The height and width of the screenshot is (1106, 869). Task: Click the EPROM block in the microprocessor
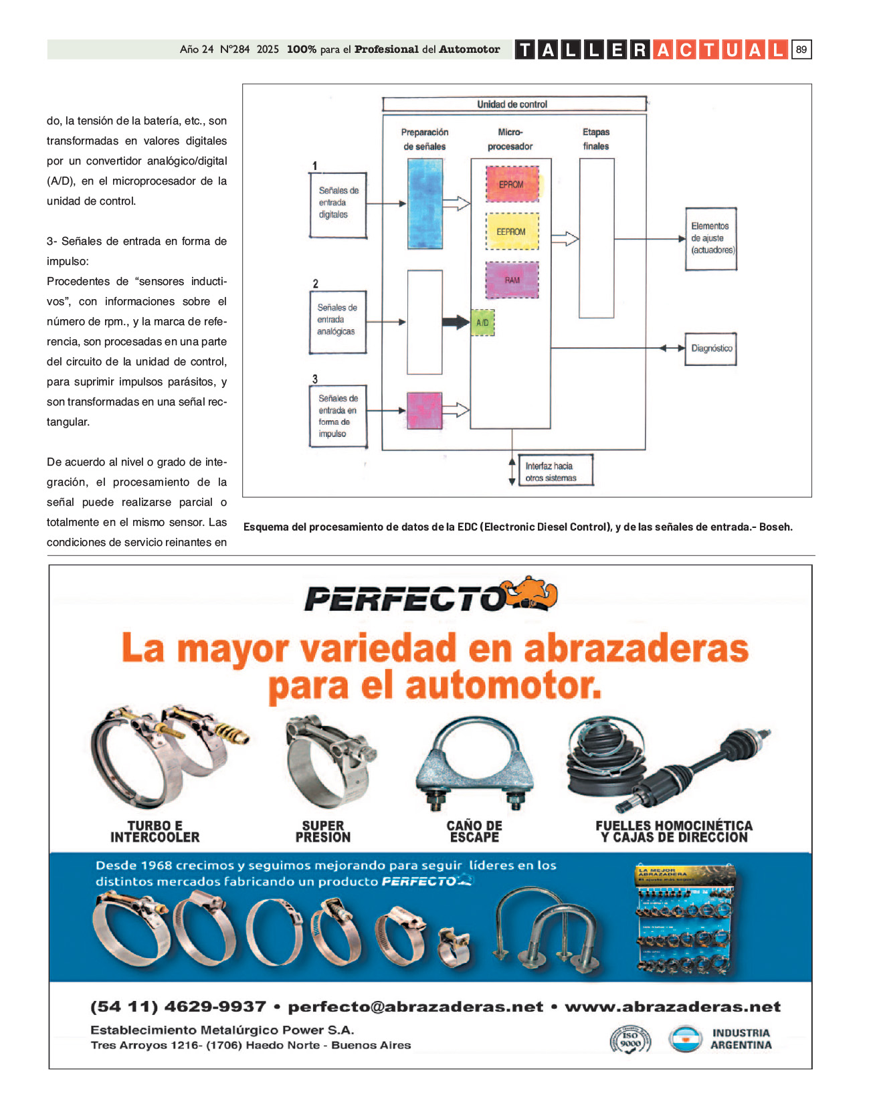pos(512,184)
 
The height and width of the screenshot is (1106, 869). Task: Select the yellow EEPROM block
pos(512,232)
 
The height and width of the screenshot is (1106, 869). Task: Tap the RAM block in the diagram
pos(512,280)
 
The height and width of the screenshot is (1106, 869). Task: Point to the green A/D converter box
pos(482,322)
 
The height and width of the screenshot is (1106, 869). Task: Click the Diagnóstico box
pos(710,349)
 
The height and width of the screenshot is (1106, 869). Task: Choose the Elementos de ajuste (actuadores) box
pos(710,239)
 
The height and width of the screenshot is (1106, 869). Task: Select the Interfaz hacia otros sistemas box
pos(555,472)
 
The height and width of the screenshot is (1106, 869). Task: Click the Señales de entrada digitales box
pos(338,204)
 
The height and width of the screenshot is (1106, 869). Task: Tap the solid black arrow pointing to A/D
pos(456,322)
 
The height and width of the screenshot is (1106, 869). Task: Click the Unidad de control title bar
pos(514,104)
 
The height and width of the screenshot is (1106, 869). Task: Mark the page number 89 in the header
pos(801,50)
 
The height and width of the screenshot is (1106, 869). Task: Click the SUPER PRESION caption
pos(322,832)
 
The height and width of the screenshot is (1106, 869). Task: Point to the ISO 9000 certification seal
pos(630,1039)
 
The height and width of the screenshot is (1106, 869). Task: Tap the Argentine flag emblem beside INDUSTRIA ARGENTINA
pos(684,1039)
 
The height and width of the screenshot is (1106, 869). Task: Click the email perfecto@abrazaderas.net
pos(415,1006)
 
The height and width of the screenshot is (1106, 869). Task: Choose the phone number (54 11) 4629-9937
pos(178,1006)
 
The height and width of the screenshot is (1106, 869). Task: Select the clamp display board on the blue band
pos(686,919)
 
